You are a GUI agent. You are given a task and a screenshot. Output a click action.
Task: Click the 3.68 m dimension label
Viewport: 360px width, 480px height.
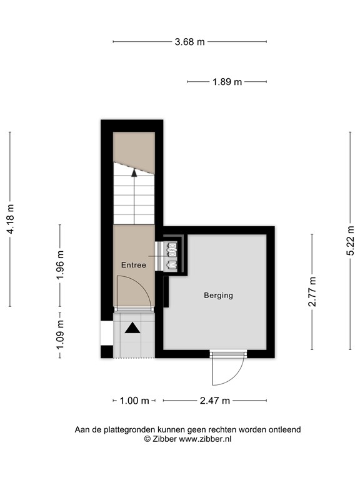[x=189, y=42]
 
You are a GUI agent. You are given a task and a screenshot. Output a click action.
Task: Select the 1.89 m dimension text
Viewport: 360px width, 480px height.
[x=227, y=82]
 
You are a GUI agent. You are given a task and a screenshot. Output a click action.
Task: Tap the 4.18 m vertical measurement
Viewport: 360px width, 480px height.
[x=9, y=219]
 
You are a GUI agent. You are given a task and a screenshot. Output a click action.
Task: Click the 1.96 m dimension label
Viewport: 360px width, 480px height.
[x=61, y=265]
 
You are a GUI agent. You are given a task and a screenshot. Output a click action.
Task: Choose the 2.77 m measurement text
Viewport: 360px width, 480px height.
[x=312, y=291]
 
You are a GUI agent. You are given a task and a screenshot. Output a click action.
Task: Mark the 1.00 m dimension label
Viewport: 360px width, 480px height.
[x=134, y=401]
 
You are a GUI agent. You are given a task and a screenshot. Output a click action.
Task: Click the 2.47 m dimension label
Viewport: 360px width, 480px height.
[x=215, y=401]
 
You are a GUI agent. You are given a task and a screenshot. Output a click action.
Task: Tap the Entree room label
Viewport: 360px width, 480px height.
[x=133, y=265]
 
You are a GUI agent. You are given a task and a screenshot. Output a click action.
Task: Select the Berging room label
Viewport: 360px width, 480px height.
[x=218, y=295]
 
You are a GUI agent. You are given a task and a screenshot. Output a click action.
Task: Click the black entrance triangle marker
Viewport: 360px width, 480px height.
[x=133, y=327]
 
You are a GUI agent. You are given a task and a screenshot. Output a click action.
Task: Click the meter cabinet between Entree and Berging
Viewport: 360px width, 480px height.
[x=171, y=254]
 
